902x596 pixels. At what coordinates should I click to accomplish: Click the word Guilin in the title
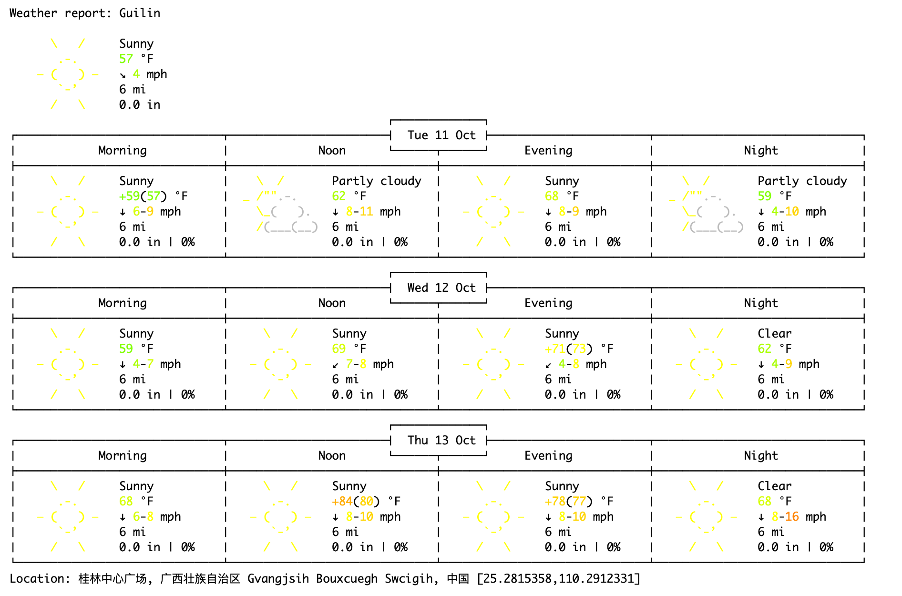coord(140,13)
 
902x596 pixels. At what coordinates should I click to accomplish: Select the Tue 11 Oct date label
coord(441,135)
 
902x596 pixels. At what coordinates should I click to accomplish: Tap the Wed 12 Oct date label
coord(441,288)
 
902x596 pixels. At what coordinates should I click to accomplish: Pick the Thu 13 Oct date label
coord(441,440)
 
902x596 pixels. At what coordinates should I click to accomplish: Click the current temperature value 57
coord(126,59)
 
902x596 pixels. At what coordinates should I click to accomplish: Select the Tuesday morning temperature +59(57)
coord(143,196)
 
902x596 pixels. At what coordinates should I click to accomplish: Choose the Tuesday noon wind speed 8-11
coord(359,211)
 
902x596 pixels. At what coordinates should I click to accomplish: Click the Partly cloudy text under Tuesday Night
coord(802,181)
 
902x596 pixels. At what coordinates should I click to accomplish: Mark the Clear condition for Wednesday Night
coord(775,333)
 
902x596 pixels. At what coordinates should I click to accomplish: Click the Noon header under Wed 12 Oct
coord(332,303)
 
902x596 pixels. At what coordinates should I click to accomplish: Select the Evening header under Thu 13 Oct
coord(548,455)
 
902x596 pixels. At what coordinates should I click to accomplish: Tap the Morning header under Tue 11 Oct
coord(123,150)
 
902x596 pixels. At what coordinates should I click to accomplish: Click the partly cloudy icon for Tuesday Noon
coord(280,204)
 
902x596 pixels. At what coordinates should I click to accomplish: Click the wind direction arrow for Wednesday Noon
coord(336,365)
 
